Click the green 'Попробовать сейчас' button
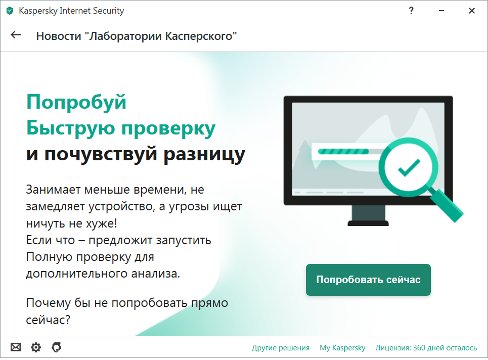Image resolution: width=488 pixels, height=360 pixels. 368,280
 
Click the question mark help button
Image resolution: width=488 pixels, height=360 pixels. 411,11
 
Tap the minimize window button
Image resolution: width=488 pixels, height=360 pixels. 441,11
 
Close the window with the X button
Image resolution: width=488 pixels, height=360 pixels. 472,11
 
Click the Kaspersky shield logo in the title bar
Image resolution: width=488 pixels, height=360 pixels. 10,11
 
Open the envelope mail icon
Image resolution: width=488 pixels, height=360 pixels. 16,347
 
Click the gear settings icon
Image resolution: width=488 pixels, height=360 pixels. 36,347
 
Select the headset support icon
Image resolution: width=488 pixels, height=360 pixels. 56,347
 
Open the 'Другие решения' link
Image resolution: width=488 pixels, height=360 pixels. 281,347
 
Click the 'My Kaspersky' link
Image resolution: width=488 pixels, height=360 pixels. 342,348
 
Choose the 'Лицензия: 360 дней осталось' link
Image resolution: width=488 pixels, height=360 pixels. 426,347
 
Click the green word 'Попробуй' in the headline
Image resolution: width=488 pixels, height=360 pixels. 76,102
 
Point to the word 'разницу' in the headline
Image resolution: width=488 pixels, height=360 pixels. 204,154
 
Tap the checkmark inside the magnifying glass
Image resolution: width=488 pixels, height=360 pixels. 409,167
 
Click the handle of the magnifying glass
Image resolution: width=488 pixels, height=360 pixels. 447,205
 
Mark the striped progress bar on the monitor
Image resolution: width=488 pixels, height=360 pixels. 343,152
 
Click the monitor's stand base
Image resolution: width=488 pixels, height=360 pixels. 368,223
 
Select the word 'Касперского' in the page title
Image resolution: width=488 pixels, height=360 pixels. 201,36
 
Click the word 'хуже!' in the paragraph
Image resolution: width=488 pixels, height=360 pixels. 102,223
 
